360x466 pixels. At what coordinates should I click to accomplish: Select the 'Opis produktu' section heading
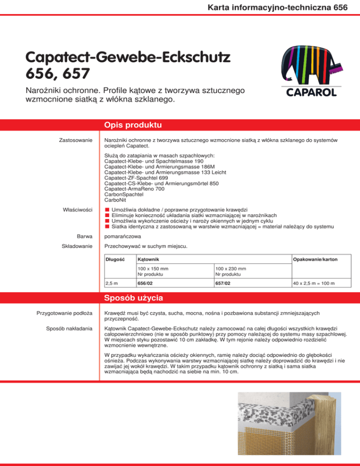click(x=133, y=126)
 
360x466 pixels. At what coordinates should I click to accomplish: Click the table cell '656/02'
click(x=144, y=284)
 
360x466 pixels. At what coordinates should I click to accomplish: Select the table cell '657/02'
click(x=223, y=284)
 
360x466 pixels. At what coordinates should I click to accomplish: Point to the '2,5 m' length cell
click(x=112, y=284)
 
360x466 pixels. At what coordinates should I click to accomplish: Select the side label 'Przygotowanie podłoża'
click(x=66, y=313)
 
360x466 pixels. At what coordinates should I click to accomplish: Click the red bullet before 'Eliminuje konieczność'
click(x=107, y=215)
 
